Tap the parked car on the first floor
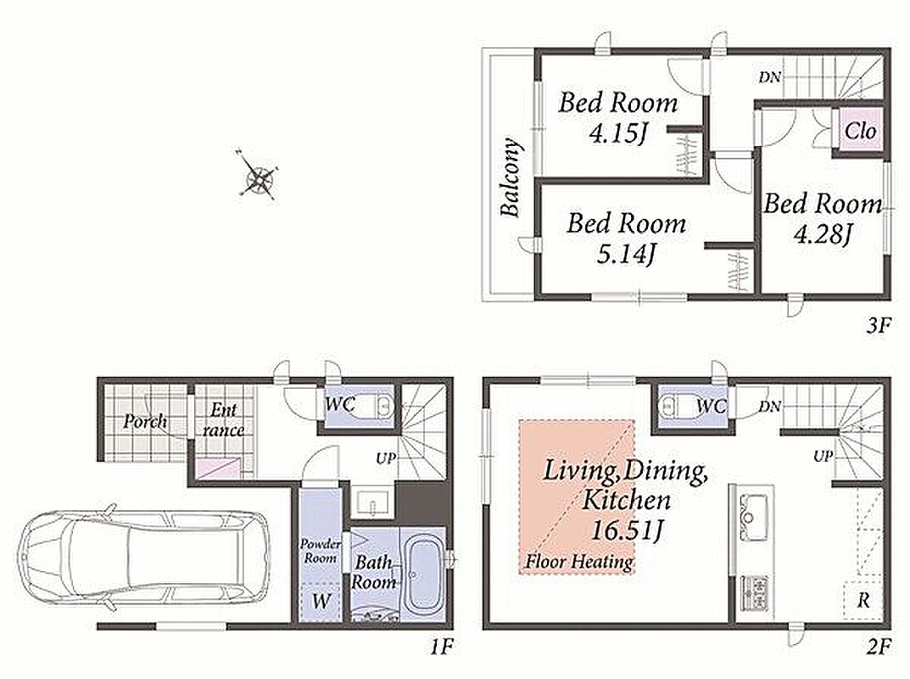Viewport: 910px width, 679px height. coord(144,558)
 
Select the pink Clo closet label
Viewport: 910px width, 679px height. coord(860,131)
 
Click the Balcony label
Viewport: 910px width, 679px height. coord(510,177)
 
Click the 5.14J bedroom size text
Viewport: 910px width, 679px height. coord(626,254)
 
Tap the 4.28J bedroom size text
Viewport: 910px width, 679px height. coord(822,234)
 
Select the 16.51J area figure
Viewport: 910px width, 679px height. coord(628,530)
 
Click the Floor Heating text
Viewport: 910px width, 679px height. coord(578,562)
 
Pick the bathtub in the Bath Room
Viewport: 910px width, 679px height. coord(426,573)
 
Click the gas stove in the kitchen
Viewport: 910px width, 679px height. coord(754,593)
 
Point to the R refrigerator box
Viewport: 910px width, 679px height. coord(863,599)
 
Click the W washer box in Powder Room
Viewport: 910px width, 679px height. coord(321,602)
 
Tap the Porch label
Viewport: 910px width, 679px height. coord(145,421)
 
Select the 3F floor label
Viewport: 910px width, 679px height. coord(878,325)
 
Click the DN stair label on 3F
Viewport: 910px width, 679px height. coord(769,76)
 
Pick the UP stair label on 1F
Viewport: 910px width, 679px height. coord(385,459)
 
